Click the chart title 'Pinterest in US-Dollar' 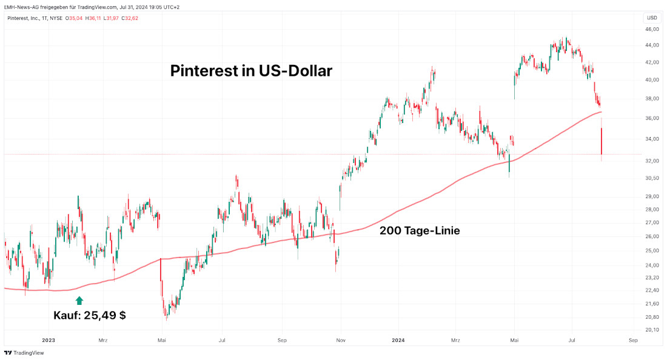pyautogui.click(x=251, y=71)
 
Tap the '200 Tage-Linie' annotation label pyautogui.click(x=420, y=230)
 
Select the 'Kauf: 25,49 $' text pyautogui.click(x=90, y=315)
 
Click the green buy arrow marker pyautogui.click(x=79, y=299)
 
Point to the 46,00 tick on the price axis pyautogui.click(x=652, y=29)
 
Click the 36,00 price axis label pyautogui.click(x=652, y=118)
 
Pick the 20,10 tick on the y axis pyautogui.click(x=652, y=330)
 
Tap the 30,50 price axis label pyautogui.click(x=652, y=178)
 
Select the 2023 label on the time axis pyautogui.click(x=49, y=341)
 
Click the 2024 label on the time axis pyautogui.click(x=398, y=341)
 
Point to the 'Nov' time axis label pyautogui.click(x=340, y=341)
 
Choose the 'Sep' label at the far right pyautogui.click(x=632, y=341)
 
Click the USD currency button pyautogui.click(x=652, y=18)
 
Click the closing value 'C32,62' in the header pyautogui.click(x=130, y=18)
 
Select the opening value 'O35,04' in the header pyautogui.click(x=75, y=18)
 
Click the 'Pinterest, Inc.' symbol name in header pyautogui.click(x=22, y=18)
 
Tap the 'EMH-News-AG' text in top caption pyautogui.click(x=21, y=7)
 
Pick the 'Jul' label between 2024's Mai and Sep pyautogui.click(x=572, y=341)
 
